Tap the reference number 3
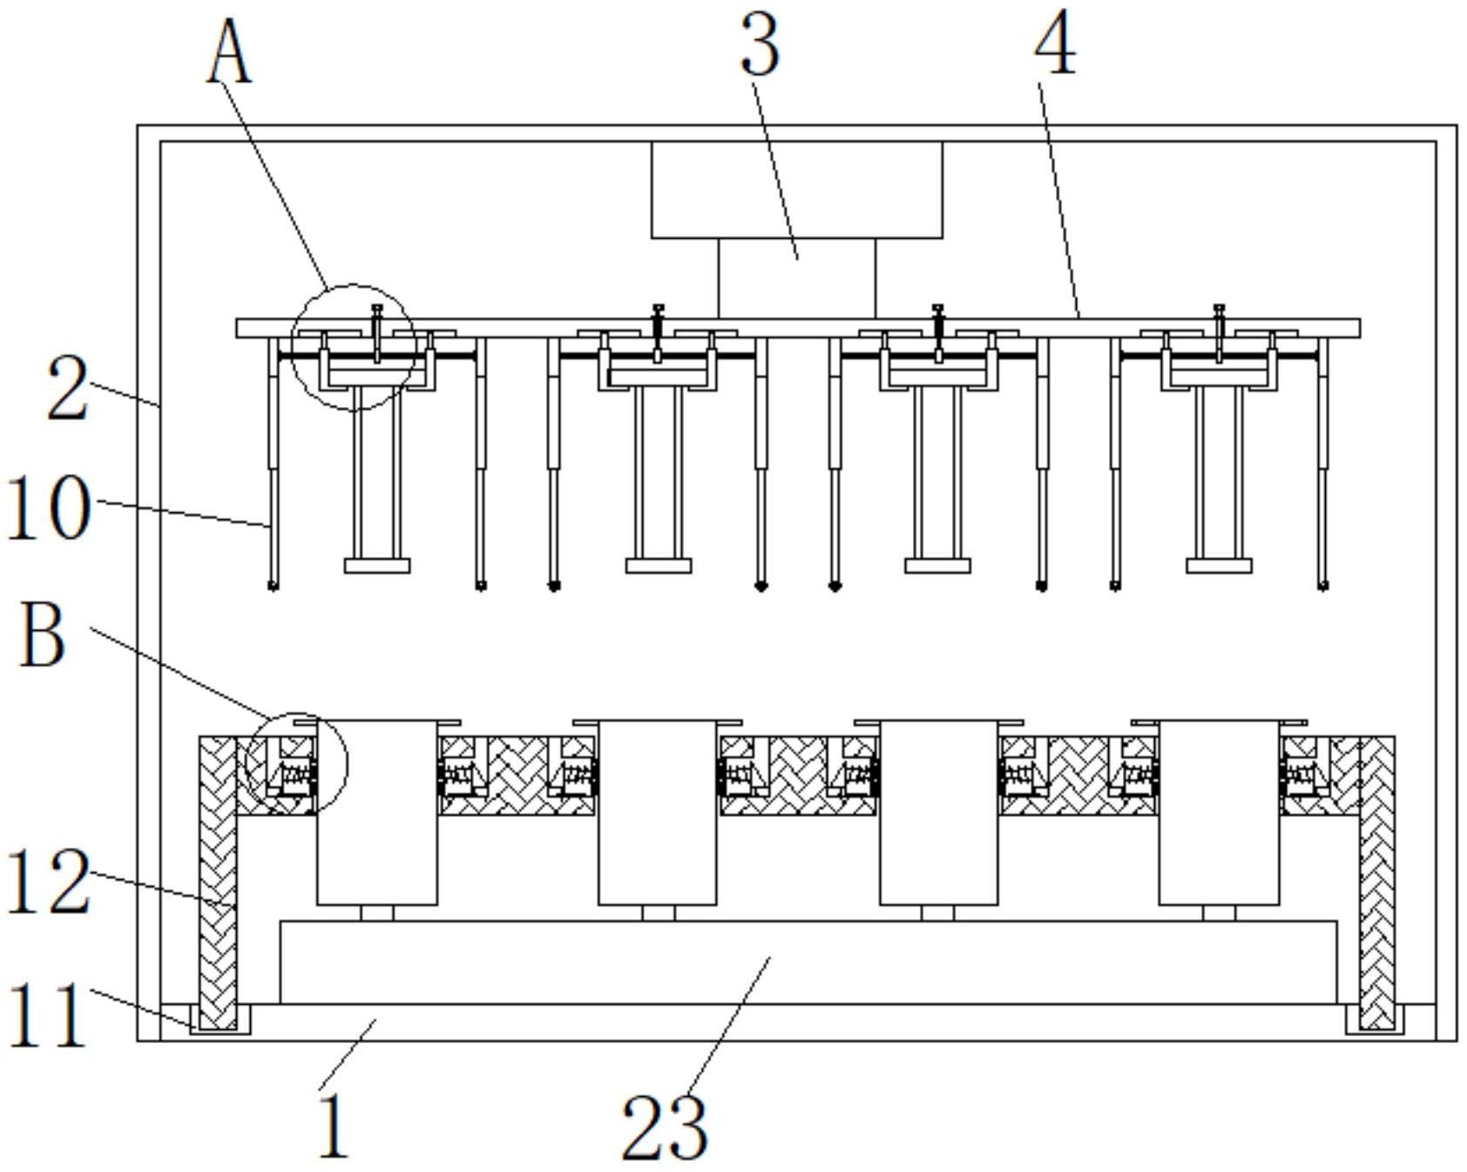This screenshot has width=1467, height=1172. (x=760, y=44)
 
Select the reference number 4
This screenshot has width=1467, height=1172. (x=1055, y=44)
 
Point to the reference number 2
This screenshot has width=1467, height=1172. (x=68, y=389)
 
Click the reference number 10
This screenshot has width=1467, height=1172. (x=48, y=508)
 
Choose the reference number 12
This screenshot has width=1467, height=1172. (x=48, y=882)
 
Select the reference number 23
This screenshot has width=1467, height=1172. (x=665, y=1126)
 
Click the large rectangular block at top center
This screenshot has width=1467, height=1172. (x=796, y=189)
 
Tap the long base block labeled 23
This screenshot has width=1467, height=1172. (x=808, y=962)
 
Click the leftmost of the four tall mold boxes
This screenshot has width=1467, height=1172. (x=376, y=812)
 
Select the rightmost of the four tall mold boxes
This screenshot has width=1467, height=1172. (x=1220, y=812)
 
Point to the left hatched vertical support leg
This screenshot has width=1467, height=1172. (x=218, y=882)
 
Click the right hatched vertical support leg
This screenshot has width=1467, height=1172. (x=1376, y=882)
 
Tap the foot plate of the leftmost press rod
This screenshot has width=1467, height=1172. (x=377, y=566)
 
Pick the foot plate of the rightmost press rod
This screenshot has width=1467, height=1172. (x=1220, y=566)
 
